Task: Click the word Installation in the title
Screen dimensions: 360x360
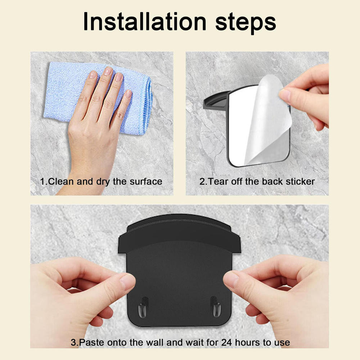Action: [x=145, y=22]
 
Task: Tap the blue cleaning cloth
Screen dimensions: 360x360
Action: [x=98, y=98]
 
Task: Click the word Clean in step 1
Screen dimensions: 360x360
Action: [x=61, y=181]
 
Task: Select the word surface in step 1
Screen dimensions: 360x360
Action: [x=146, y=181]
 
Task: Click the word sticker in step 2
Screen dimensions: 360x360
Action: [x=300, y=181]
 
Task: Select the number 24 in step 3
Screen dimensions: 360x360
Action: [x=226, y=343]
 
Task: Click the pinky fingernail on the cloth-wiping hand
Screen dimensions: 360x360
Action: [x=129, y=94]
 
